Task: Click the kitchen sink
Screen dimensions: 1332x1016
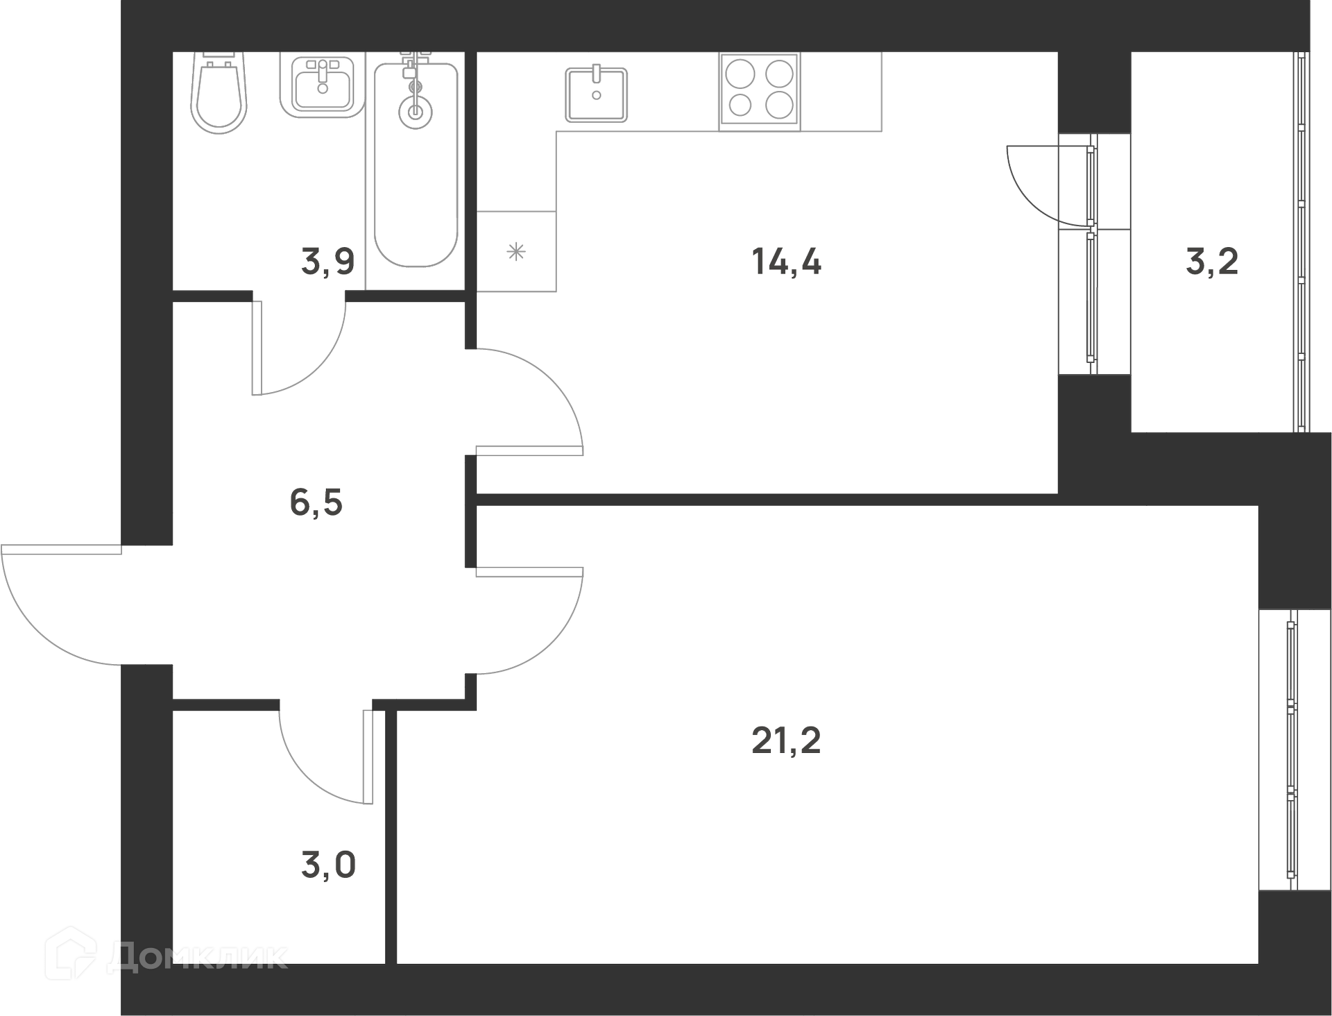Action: pyautogui.click(x=597, y=94)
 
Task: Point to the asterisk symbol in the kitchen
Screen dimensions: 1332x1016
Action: pyautogui.click(x=516, y=251)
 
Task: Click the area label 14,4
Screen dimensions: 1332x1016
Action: pyautogui.click(x=786, y=262)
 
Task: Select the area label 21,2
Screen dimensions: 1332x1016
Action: pyautogui.click(x=786, y=741)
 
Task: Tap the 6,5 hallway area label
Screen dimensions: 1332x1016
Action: pyautogui.click(x=316, y=502)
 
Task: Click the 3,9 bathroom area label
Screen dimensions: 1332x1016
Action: pyautogui.click(x=328, y=262)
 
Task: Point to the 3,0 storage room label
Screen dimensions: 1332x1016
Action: pyautogui.click(x=328, y=865)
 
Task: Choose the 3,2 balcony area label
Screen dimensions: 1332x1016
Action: pyautogui.click(x=1212, y=262)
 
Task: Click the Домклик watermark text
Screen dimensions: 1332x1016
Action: pyautogui.click(x=198, y=957)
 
